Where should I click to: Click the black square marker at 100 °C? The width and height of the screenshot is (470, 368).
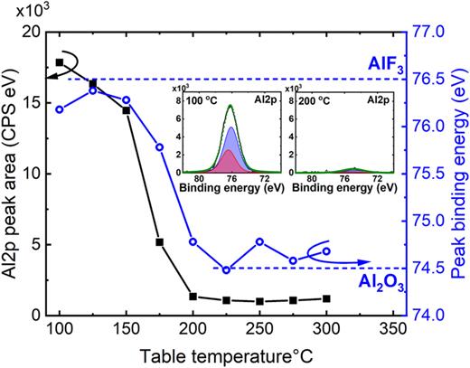[60, 62]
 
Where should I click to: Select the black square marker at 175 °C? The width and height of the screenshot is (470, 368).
[160, 242]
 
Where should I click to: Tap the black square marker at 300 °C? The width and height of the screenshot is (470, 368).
[326, 298]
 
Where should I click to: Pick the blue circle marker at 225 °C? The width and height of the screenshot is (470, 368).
[227, 269]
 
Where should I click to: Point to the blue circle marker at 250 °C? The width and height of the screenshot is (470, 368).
[260, 241]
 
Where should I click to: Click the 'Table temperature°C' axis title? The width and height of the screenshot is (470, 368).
[216, 354]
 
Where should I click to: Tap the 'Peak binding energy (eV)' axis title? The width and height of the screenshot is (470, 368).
[459, 172]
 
